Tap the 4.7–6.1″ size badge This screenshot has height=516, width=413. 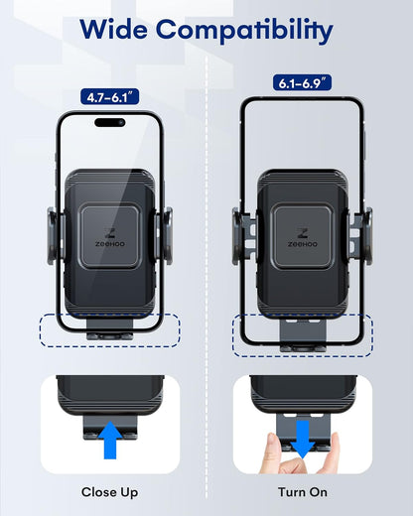tap(109, 98)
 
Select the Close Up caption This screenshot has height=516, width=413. tap(109, 491)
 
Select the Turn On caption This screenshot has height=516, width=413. tap(302, 491)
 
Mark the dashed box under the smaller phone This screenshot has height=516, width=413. tap(109, 327)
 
